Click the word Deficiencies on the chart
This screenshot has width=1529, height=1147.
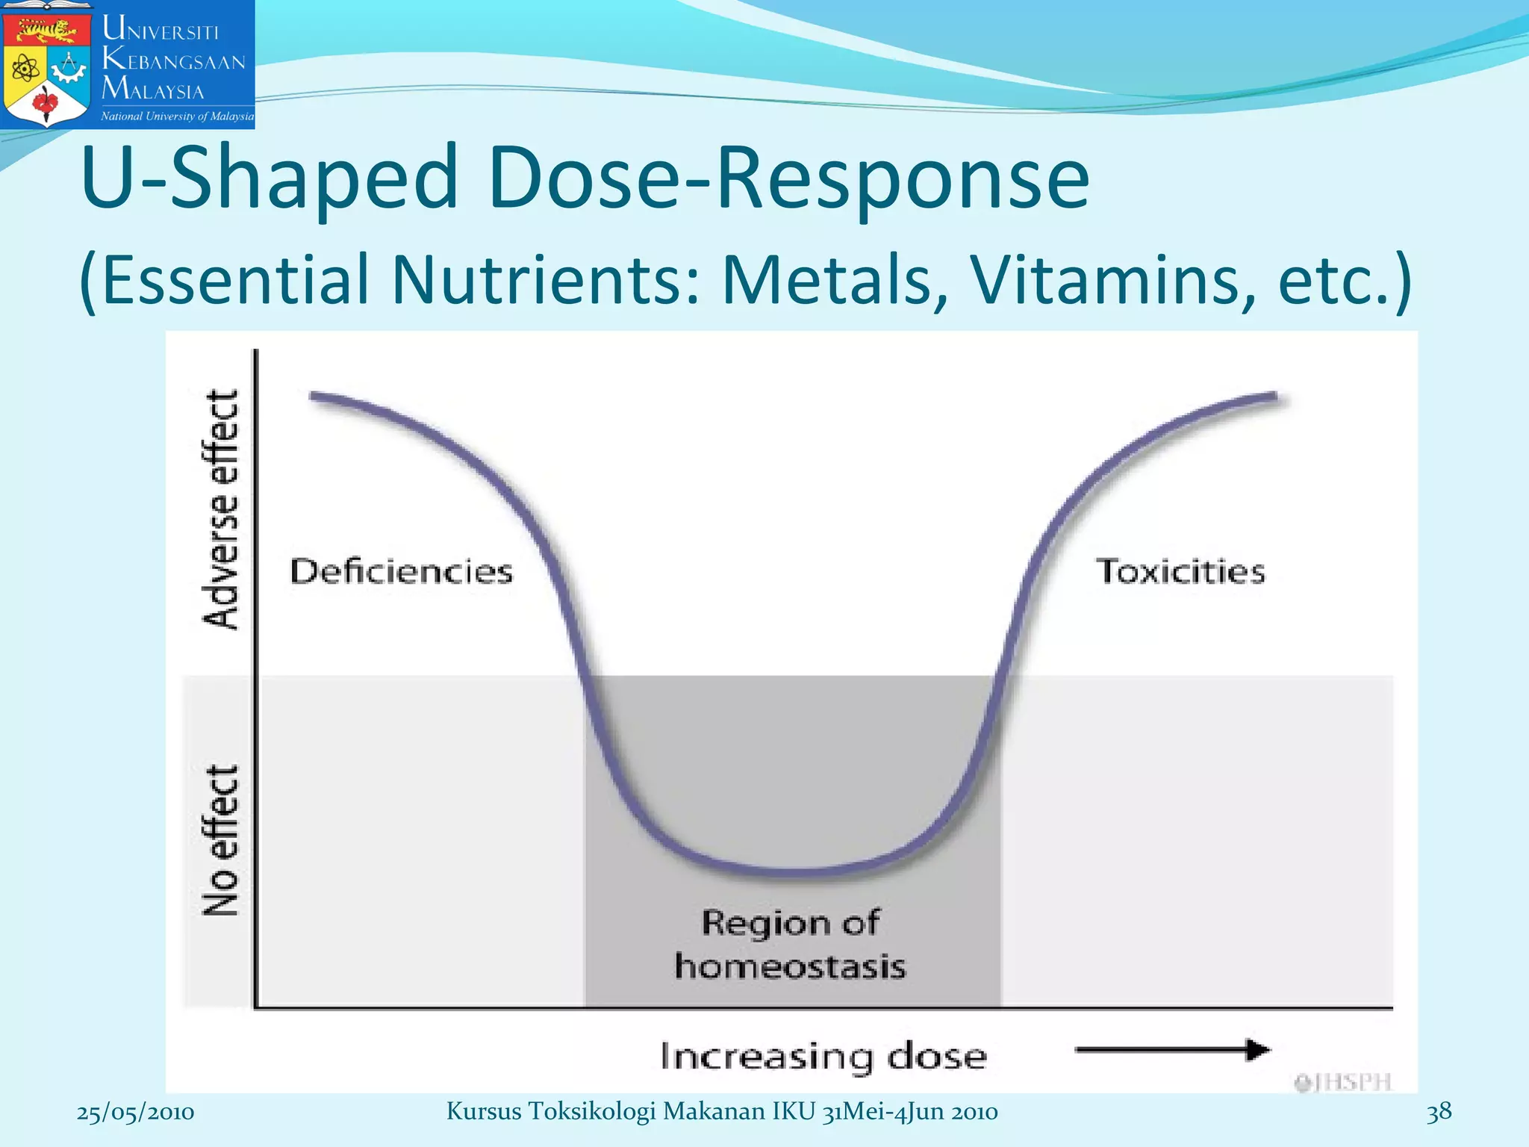402,572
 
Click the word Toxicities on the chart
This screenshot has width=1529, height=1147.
1180,572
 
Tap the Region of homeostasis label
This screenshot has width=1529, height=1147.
790,945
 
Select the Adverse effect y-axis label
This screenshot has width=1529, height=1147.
221,509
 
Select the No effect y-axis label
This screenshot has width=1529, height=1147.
221,840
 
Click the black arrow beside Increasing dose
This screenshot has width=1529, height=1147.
1172,1050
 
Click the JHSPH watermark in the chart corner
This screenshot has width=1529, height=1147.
1344,1082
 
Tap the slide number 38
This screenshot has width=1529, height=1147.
1439,1112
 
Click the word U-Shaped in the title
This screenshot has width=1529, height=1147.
269,179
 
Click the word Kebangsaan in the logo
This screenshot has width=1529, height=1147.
174,60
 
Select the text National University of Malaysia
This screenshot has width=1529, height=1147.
177,116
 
